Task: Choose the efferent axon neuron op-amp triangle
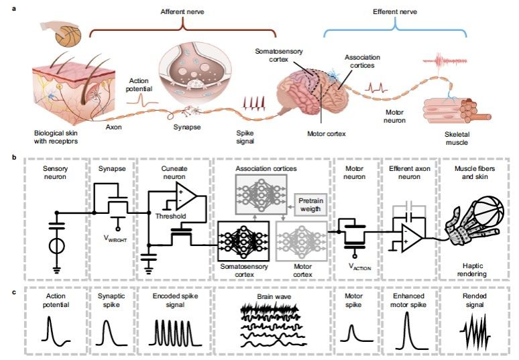pyautogui.click(x=411, y=237)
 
